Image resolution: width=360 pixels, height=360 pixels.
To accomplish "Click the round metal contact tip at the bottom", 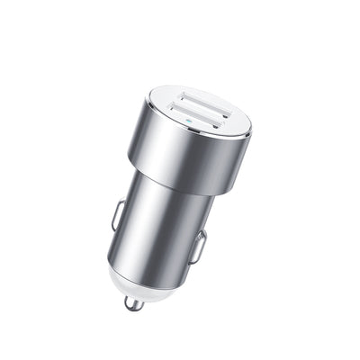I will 134,305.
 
